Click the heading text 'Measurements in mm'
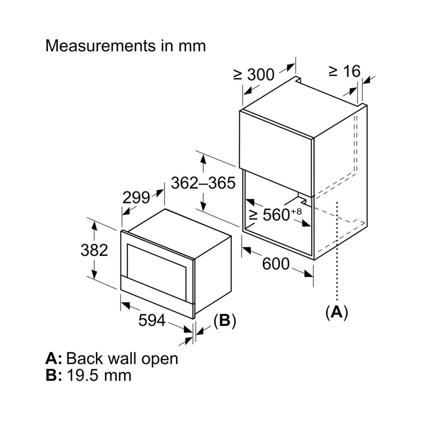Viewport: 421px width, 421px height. pos(126,46)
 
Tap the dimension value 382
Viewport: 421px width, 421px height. pos(94,250)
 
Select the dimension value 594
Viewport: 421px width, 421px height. pos(152,320)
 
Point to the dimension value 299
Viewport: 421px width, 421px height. pos(136,198)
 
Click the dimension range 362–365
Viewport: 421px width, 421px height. pos(203,183)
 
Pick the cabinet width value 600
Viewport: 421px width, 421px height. pos(276,264)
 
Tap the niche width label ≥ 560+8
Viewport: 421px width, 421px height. pos(275,215)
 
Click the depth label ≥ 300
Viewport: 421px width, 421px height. pos(254,75)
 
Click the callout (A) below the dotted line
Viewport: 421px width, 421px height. pos(337,312)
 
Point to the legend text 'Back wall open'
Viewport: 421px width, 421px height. pos(122,359)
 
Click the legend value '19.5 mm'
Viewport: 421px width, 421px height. pos(99,375)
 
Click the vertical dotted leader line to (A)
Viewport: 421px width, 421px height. pos(337,251)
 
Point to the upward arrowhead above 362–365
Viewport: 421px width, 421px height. pos(203,159)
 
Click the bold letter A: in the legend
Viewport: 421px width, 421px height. pos(53,359)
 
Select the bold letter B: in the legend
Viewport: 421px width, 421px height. pos(54,375)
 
